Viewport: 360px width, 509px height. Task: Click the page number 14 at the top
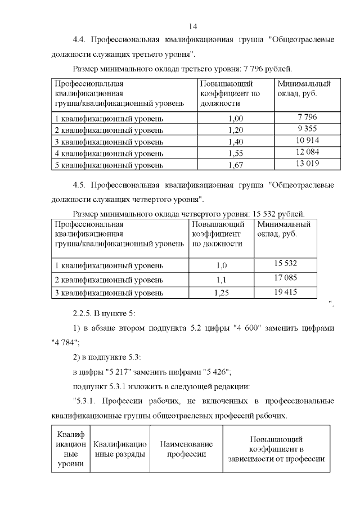tap(193, 26)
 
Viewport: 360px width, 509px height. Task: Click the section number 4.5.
tap(80, 185)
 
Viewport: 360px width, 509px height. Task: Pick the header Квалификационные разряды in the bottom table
tap(119, 449)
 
